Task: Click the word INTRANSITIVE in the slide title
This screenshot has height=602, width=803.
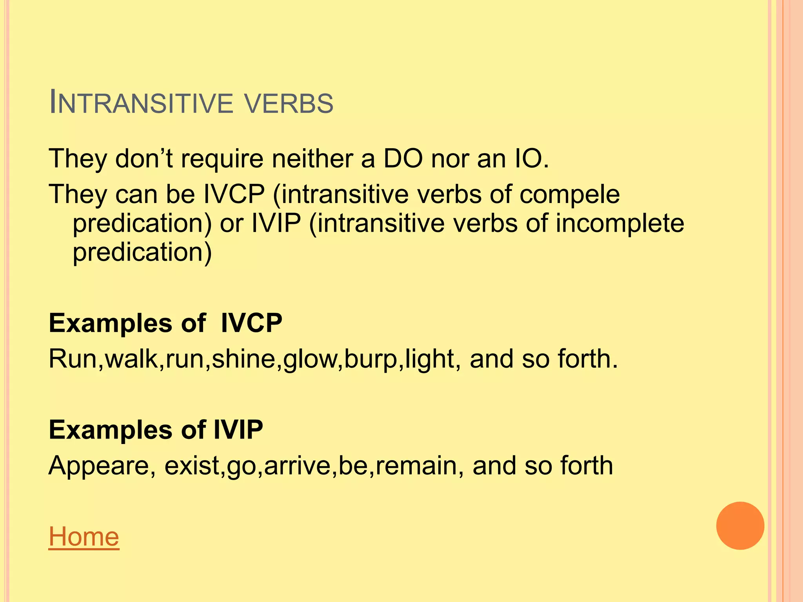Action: tap(141, 103)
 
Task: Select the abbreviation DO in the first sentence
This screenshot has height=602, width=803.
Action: tap(403, 159)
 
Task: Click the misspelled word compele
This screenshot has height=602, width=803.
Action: tap(569, 195)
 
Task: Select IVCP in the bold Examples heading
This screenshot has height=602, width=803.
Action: tap(251, 323)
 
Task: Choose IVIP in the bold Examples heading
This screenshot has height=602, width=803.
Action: tap(238, 430)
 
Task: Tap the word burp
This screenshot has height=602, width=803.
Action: tap(371, 360)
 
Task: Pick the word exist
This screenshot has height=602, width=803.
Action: tap(192, 466)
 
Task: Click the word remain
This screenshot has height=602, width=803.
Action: tap(415, 466)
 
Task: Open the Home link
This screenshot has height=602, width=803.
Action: tap(84, 537)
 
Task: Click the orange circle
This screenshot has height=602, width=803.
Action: tap(740, 526)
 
